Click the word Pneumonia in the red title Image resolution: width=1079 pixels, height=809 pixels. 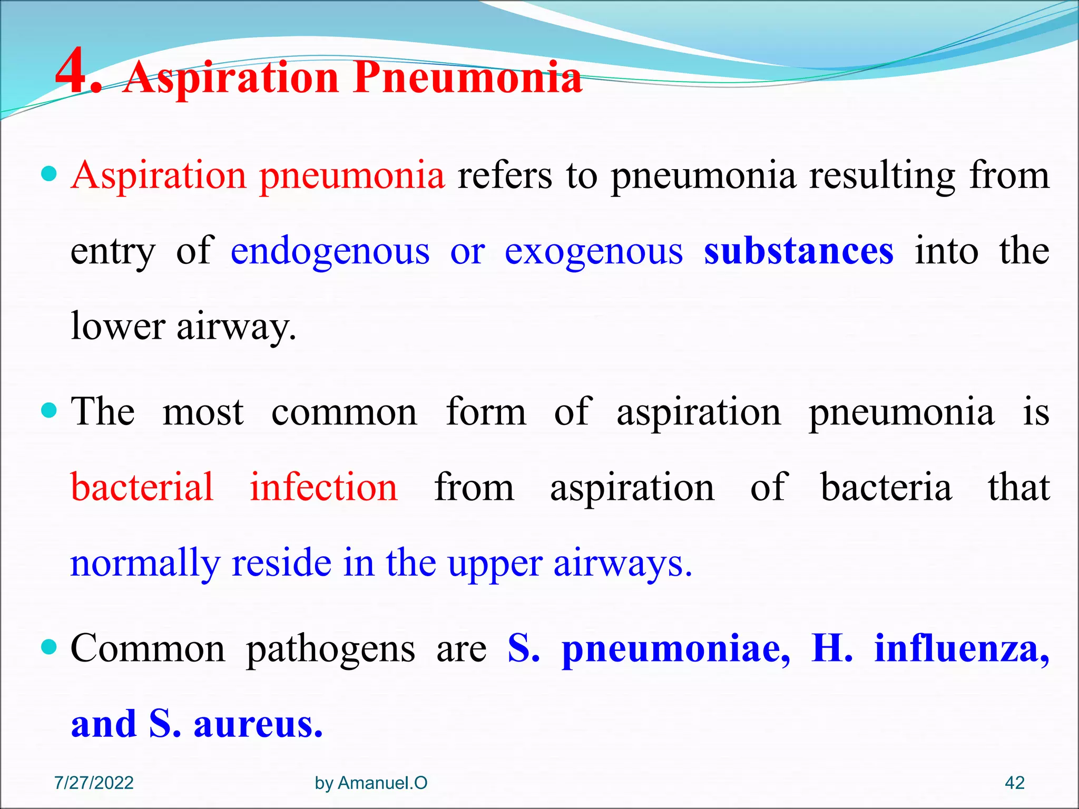(468, 78)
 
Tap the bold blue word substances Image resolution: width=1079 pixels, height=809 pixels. (799, 251)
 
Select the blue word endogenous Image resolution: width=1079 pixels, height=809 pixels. (330, 251)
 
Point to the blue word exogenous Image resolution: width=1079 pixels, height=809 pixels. (594, 251)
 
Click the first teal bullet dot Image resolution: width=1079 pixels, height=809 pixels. (48, 173)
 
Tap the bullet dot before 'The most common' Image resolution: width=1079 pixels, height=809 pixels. (48, 410)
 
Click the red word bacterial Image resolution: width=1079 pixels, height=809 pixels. (142, 487)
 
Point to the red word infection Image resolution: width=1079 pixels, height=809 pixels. (323, 487)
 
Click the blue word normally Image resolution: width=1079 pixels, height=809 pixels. (145, 564)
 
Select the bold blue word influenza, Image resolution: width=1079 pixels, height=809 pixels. (962, 648)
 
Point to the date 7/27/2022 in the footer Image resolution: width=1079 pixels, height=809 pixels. (94, 783)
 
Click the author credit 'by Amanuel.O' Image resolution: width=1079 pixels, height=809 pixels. (371, 783)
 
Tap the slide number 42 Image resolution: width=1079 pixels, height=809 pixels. (1015, 783)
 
